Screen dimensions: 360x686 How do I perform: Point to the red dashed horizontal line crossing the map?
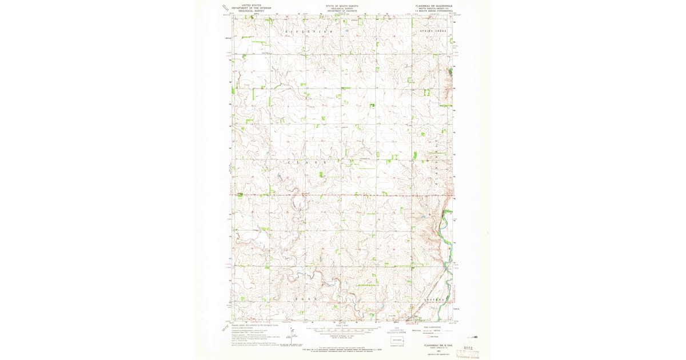coord(343,194)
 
